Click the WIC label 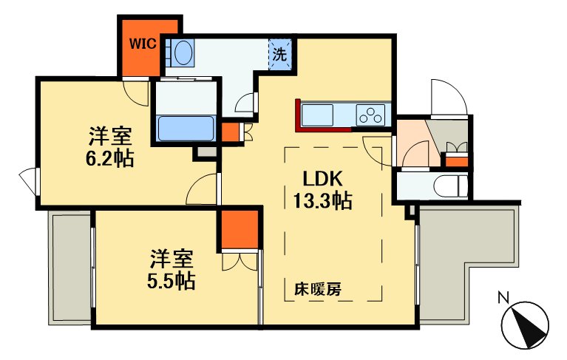point(143,44)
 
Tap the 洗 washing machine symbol point(280,54)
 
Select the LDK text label point(322,178)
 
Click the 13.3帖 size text point(322,200)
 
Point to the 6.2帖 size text point(110,158)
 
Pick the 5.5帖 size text point(172,280)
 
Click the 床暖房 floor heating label point(317,289)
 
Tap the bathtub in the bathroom point(186,129)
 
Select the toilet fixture point(450,186)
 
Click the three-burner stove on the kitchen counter point(370,115)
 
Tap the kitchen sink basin point(317,115)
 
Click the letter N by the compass point(503,298)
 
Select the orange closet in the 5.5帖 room point(240,229)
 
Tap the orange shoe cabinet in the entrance point(456,160)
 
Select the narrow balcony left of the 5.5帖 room point(71,268)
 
